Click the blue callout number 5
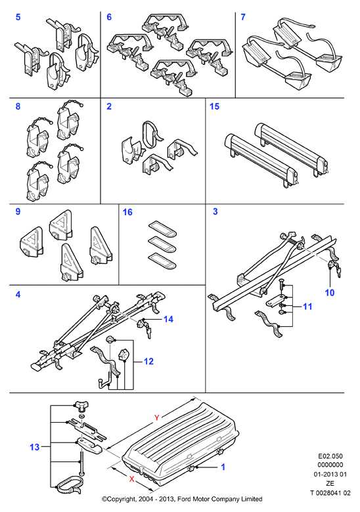pyautogui.click(x=18, y=16)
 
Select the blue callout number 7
pyautogui.click(x=242, y=16)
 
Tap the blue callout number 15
pyautogui.click(x=214, y=106)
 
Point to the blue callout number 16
pyautogui.click(x=127, y=212)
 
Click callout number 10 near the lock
pyautogui.click(x=330, y=293)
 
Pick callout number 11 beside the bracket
pyautogui.click(x=307, y=307)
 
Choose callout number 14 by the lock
pyautogui.click(x=168, y=319)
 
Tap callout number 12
pyautogui.click(x=148, y=361)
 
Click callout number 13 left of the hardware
pyautogui.click(x=35, y=447)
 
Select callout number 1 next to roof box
pyautogui.click(x=223, y=467)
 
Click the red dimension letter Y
pyautogui.click(x=156, y=417)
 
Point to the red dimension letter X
pyautogui.click(x=131, y=479)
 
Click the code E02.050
pyautogui.click(x=330, y=456)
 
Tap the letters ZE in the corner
pyautogui.click(x=330, y=483)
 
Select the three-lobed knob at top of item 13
pyautogui.click(x=80, y=406)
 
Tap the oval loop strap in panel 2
pyautogui.click(x=150, y=134)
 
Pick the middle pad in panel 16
pyautogui.click(x=162, y=244)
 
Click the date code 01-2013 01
pyautogui.click(x=330, y=474)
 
